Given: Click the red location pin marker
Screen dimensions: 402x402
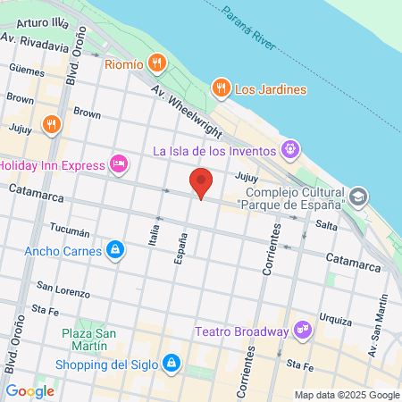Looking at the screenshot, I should [x=202, y=183].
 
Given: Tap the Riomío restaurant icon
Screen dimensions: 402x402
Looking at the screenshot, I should [x=157, y=63].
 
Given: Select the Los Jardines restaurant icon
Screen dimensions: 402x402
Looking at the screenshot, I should [x=220, y=88].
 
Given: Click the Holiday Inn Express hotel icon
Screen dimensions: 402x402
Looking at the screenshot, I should [x=118, y=164].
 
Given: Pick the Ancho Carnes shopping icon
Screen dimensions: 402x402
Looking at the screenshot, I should [x=114, y=250].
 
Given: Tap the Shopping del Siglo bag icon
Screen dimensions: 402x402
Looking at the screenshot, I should [x=172, y=364].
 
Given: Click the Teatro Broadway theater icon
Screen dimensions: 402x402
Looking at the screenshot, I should [x=303, y=331].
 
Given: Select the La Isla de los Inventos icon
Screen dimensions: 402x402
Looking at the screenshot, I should [x=289, y=150].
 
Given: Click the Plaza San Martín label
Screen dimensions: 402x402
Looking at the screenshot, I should [x=89, y=341].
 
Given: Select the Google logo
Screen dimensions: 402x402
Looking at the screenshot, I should [x=29, y=390].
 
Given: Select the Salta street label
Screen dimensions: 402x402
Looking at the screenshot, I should [x=326, y=226].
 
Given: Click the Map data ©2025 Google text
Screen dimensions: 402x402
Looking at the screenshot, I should [x=348, y=395].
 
